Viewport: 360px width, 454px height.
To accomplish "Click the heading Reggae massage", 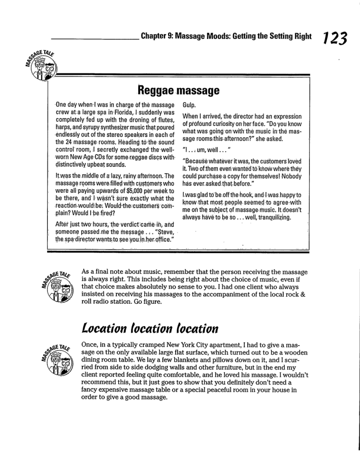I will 178,91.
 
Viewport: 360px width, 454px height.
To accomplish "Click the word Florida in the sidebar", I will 110,111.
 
